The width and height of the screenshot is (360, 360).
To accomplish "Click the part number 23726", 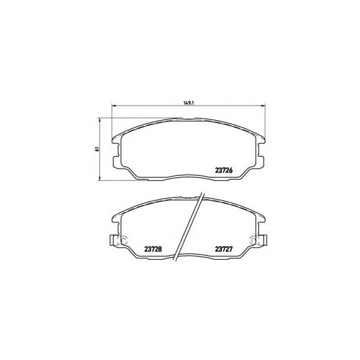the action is coord(224,170).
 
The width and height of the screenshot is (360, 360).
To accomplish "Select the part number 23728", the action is coord(153,249).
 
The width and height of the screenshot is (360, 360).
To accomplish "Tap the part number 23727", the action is coord(224,249).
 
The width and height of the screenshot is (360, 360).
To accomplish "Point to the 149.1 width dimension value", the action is coord(189,103).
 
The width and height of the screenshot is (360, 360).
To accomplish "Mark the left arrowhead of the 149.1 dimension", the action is coord(113,106).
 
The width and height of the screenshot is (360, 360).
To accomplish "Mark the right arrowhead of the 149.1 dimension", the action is coord(263,106).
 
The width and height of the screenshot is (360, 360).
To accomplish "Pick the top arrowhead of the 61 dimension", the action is coord(100,120).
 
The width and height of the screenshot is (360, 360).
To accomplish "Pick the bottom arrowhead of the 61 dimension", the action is coord(100,179).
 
